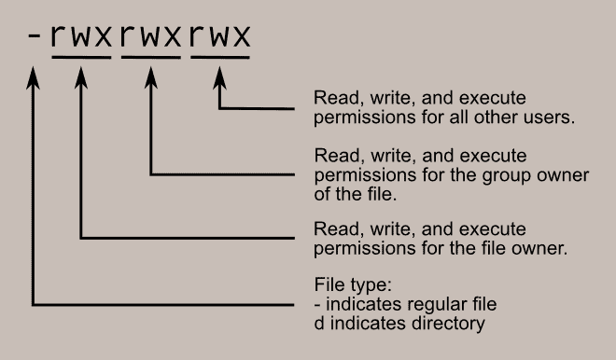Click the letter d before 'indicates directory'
click(x=318, y=324)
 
